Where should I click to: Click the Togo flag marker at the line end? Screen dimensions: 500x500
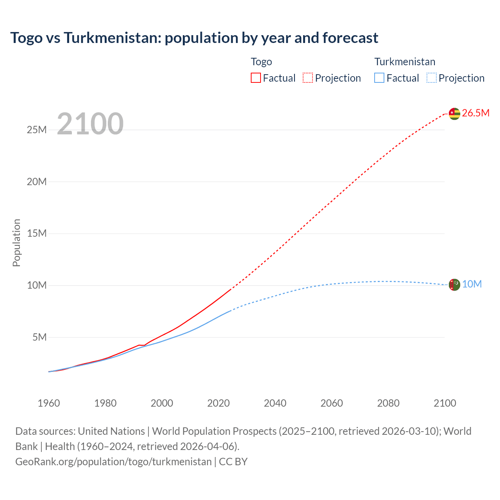pos(454,113)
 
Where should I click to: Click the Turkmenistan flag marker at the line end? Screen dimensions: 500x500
pos(454,284)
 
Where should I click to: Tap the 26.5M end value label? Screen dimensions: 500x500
pos(475,113)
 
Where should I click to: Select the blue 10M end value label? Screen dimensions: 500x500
pos(472,284)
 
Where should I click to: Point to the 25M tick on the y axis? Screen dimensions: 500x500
pos(37,130)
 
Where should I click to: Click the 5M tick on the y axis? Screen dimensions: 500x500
pos(39,337)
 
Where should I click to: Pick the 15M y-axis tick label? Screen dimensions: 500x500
pos(37,233)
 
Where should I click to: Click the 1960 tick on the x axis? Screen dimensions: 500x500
pos(49,403)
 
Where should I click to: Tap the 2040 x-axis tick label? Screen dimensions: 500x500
pos(275,403)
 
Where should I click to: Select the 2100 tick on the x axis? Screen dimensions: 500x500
pos(445,403)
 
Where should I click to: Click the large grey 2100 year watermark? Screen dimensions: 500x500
pos(90,124)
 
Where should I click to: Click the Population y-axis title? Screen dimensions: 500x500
pos(16,243)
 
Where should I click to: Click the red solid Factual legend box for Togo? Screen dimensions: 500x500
pos(255,78)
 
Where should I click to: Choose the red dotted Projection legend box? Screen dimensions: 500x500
pos(308,78)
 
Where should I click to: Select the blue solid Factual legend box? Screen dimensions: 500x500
pos(379,78)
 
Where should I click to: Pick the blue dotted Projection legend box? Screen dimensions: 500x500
pos(432,78)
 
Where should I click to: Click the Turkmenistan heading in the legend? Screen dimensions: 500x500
pos(405,62)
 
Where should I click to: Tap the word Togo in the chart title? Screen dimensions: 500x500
pos(27,38)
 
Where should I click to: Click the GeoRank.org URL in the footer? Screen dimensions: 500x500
pos(113,461)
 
